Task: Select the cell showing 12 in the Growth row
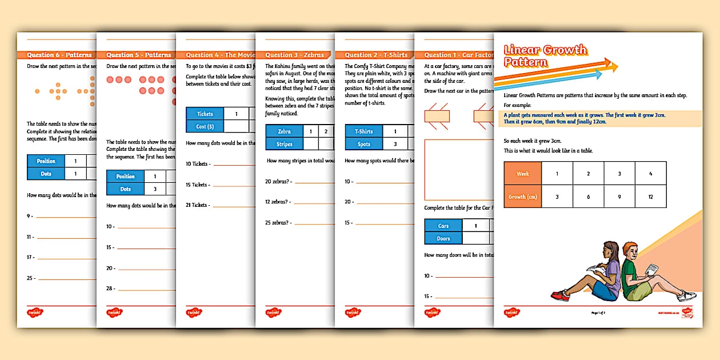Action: [x=650, y=196]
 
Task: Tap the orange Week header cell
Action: [x=522, y=174]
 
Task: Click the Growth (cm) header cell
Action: [x=522, y=196]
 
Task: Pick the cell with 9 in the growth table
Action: [x=619, y=196]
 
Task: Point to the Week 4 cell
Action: [x=650, y=174]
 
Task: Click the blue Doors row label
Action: [x=443, y=238]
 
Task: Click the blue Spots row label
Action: [x=364, y=144]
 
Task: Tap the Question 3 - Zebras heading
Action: [x=294, y=55]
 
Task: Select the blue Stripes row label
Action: [x=284, y=144]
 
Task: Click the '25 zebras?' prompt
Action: [x=278, y=222]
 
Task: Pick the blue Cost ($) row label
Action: [x=205, y=126]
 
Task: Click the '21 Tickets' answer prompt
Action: [x=197, y=205]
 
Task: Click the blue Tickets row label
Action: [x=205, y=114]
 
